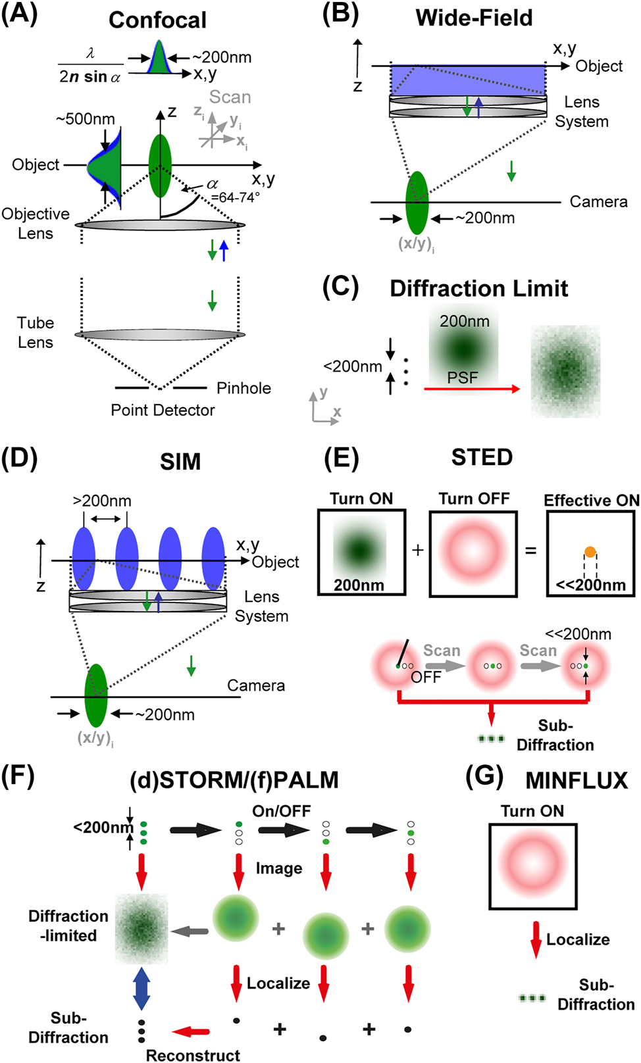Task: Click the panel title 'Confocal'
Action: [x=157, y=20]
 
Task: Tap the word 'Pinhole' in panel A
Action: [x=244, y=388]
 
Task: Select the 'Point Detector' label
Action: [x=163, y=410]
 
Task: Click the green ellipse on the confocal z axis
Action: [x=160, y=166]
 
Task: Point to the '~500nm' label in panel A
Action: [x=85, y=119]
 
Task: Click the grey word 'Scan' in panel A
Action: [x=230, y=97]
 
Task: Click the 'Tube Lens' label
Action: [x=36, y=332]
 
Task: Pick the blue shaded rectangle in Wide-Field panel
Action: [x=467, y=80]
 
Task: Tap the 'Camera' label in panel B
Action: [x=598, y=202]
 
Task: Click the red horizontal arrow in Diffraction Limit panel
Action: [x=471, y=389]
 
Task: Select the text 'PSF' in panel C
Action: [x=463, y=378]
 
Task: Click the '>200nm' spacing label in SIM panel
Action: [x=102, y=501]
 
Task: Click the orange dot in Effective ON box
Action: [x=590, y=552]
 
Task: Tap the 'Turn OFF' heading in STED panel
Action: [x=474, y=499]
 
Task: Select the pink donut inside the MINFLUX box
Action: [x=532, y=864]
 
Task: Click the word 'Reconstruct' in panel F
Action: [x=193, y=1055]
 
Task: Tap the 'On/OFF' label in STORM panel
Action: [x=282, y=811]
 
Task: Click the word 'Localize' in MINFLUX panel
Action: [x=578, y=939]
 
